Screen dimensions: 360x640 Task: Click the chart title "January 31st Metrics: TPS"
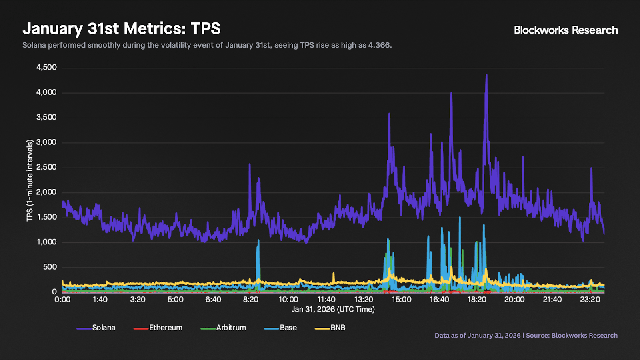coord(122,29)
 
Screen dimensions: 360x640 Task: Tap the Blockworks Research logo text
coord(566,30)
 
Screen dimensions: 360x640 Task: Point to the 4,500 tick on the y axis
coord(47,68)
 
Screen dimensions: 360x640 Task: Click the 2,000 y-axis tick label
coord(47,192)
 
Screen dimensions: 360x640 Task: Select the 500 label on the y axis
coord(50,267)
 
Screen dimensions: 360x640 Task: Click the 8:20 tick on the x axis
coord(251,300)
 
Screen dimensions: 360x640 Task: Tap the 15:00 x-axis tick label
coord(401,300)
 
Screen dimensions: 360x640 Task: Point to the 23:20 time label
coord(590,300)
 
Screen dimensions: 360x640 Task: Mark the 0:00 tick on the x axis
coord(62,300)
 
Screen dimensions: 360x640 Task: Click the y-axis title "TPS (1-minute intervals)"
coord(30,180)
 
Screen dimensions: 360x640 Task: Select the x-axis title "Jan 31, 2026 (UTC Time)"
coord(333,309)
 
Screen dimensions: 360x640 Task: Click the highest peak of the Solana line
coord(486,75)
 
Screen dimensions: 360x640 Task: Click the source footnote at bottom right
coord(526,336)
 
